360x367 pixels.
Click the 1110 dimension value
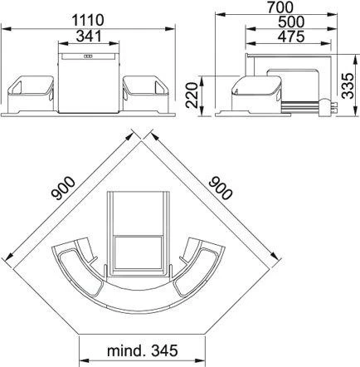pyautogui.click(x=88, y=20)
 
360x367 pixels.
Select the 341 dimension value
pyautogui.click(x=89, y=37)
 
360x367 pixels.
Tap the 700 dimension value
pyautogui.click(x=280, y=7)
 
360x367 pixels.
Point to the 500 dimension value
pyautogui.click(x=291, y=22)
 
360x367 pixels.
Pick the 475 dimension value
pyautogui.click(x=291, y=37)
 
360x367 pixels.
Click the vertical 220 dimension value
pyautogui.click(x=192, y=95)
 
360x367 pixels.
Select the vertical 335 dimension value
pyautogui.click(x=348, y=86)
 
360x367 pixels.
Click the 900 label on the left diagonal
pyautogui.click(x=63, y=188)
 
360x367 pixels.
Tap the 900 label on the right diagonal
pyautogui.click(x=221, y=188)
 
